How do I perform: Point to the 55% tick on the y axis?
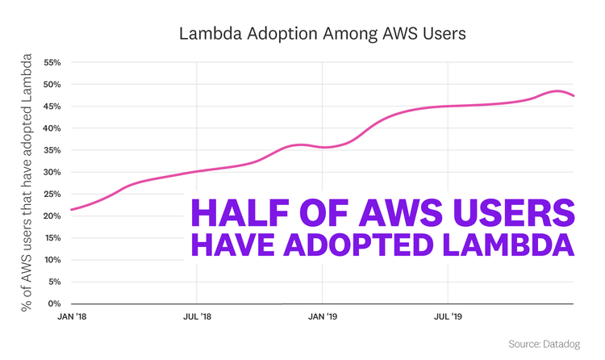[x=52, y=62]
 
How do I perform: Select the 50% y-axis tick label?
[x=52, y=84]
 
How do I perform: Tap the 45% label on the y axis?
[x=52, y=106]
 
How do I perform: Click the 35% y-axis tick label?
[x=52, y=150]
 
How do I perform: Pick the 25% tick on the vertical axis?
[x=52, y=194]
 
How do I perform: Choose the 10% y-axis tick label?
[x=52, y=260]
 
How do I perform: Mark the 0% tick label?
[x=55, y=303]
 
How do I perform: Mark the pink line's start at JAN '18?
[x=71, y=210]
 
